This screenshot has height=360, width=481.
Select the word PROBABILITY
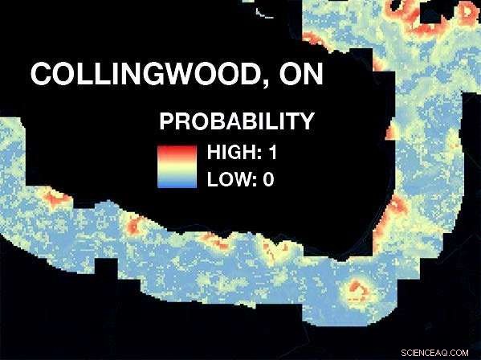point(235,122)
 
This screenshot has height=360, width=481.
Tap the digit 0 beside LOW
point(268,178)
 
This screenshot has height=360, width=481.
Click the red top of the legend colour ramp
point(177,150)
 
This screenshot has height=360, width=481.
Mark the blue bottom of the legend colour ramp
point(177,183)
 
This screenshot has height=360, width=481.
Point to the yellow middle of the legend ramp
point(177,166)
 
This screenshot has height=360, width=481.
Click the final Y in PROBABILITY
point(304,122)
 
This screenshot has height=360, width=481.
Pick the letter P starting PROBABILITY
point(167,122)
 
